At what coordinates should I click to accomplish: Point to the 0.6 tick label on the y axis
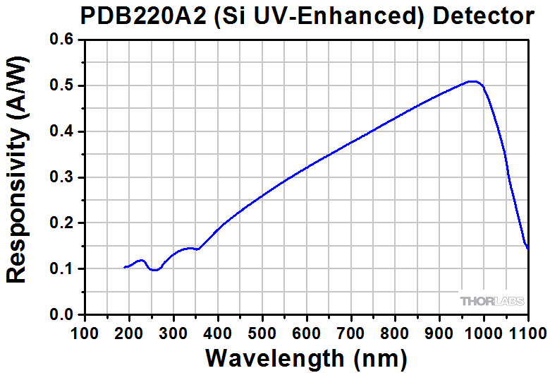[63, 40]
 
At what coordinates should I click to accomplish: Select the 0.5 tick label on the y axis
[63, 86]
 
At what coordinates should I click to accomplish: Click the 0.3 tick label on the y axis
[63, 177]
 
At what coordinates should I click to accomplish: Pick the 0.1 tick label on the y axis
[63, 269]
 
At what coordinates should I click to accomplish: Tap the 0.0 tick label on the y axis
[63, 314]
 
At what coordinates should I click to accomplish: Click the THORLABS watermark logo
[492, 301]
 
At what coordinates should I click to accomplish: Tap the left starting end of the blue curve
[125, 267]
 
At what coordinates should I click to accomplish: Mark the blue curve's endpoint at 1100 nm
[527, 248]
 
